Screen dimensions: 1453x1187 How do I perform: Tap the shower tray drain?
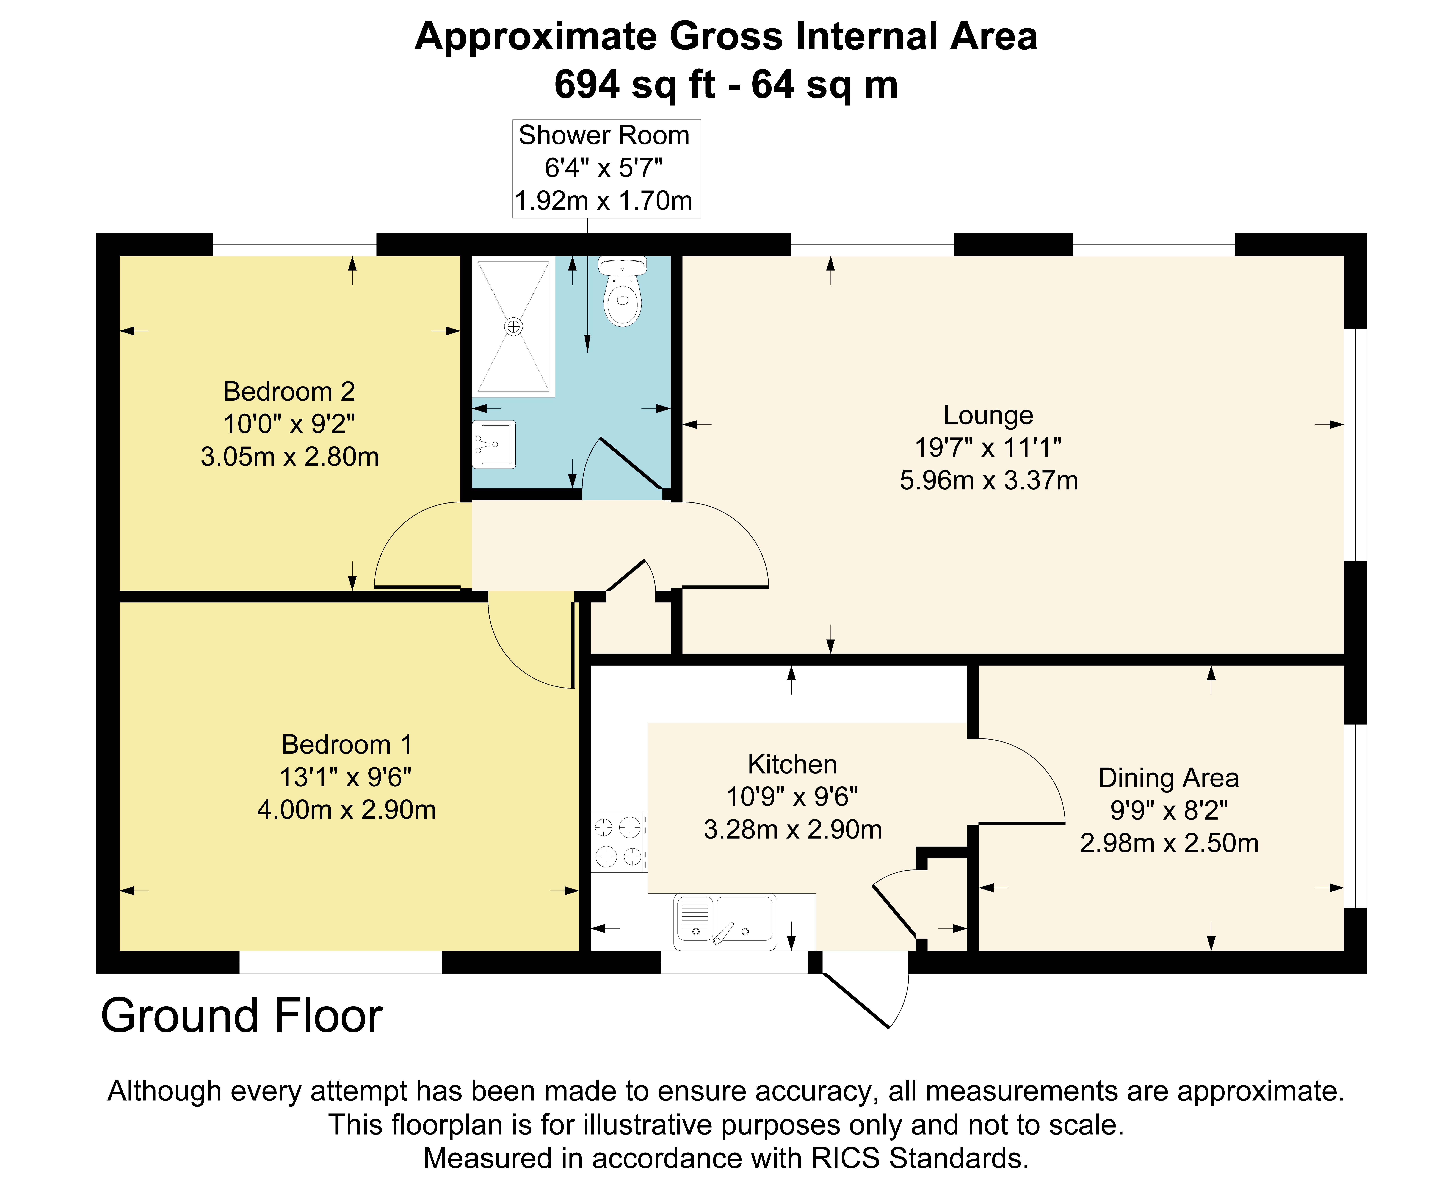[513, 327]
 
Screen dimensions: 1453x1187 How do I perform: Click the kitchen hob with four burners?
[618, 842]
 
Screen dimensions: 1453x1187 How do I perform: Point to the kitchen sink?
[725, 921]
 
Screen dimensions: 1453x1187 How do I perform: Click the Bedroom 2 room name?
[289, 392]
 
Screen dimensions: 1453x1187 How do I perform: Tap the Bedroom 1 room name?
[347, 745]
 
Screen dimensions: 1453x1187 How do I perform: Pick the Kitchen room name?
[792, 765]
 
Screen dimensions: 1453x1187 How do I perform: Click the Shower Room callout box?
[606, 169]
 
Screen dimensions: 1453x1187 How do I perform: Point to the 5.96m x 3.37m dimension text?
[988, 481]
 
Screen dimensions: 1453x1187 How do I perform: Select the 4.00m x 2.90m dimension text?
[347, 810]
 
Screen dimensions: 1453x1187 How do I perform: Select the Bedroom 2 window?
[294, 244]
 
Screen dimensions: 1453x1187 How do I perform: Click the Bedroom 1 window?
[341, 962]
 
